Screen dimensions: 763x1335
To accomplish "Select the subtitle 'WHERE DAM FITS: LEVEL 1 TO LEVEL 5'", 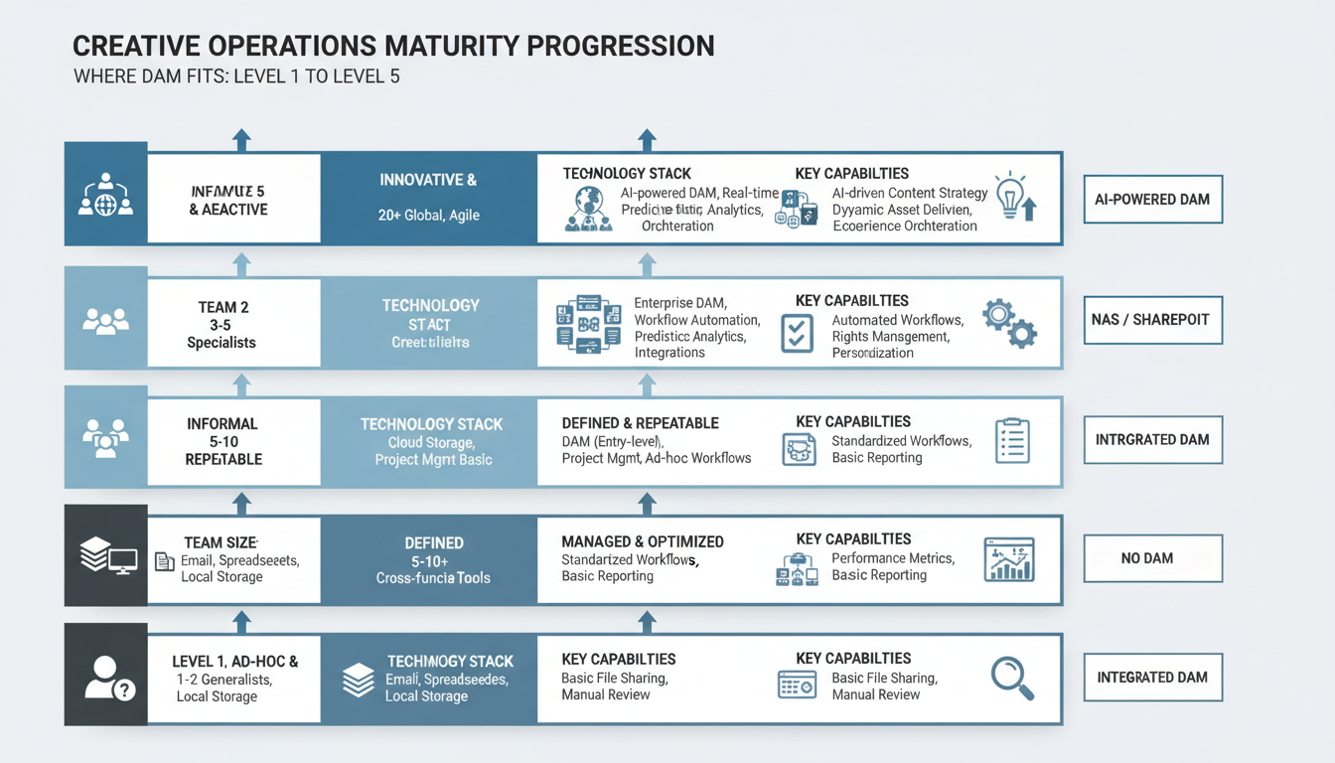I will coord(236,76).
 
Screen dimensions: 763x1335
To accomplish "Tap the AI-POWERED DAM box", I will coord(1152,199).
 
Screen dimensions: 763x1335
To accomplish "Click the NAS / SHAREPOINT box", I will coord(1152,320).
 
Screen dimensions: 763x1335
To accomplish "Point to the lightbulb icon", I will coord(1013,196).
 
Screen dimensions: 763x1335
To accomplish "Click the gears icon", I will coord(1008,322).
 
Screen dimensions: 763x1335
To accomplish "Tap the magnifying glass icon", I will coord(1012,679).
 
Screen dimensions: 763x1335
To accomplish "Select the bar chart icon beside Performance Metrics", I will coord(1008,559).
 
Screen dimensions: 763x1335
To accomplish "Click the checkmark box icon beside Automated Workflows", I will coord(797,333).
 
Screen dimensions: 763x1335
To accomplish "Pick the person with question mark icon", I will coord(106,679).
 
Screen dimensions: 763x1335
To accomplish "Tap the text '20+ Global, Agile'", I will coord(428,216).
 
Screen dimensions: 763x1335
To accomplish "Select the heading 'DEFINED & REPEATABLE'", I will coord(640,423).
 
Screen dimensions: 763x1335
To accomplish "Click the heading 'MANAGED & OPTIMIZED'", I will coord(642,541).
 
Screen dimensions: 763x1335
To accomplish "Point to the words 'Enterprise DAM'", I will coord(680,302).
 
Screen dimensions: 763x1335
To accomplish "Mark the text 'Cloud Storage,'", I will coord(431,442).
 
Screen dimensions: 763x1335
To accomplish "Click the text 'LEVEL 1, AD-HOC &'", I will coord(234,661).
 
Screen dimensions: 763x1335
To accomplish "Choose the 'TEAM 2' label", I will coord(223,307).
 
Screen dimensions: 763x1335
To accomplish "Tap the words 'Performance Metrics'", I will coord(892,558).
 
